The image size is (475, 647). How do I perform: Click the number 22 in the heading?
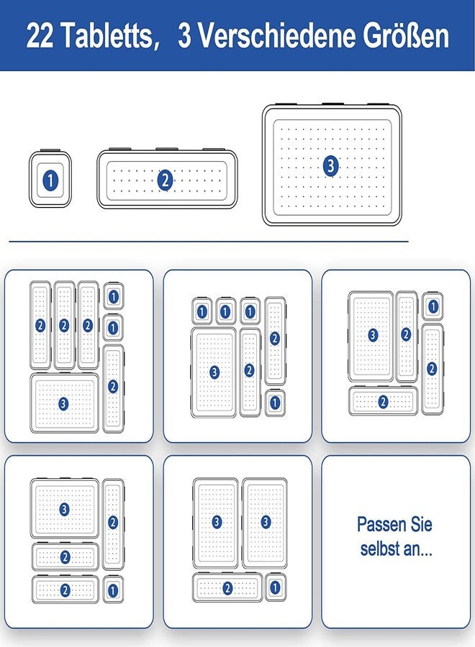pos(40,35)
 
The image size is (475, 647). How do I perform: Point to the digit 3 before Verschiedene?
pos(185,35)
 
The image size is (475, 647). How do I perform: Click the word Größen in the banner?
pos(406,35)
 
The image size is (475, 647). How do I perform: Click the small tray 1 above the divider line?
pos(50,179)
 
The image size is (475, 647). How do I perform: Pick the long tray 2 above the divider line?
pos(167,179)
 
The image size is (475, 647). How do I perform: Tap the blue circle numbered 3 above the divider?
pos(330,166)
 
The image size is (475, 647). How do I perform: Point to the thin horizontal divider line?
pos(208,242)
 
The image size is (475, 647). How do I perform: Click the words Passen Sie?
pos(394,524)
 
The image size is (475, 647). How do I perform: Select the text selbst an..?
pos(396,549)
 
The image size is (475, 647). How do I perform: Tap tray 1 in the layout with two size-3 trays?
pos(276,587)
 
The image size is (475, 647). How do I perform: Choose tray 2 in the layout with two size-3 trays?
pos(227,587)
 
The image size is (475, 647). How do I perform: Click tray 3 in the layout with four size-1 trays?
pos(214,372)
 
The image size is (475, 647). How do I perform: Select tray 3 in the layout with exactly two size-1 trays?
pos(65,403)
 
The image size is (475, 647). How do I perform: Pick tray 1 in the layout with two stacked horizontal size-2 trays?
pos(113,589)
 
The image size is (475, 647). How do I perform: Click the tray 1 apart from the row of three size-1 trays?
pos(275,403)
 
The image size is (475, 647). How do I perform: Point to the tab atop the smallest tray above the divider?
pos(50,150)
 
